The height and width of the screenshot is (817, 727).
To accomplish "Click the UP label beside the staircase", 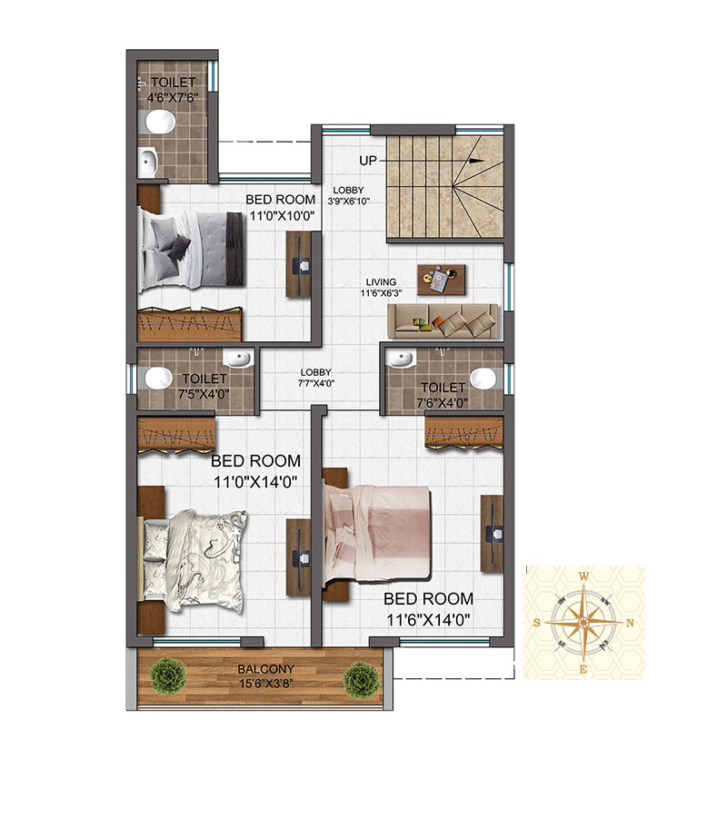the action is [368, 161].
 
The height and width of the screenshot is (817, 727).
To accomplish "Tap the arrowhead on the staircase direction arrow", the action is [476, 161].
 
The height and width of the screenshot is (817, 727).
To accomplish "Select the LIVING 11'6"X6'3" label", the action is [381, 288].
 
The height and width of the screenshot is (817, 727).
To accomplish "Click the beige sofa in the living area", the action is [443, 322].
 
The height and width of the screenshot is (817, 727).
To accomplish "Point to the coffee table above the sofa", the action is [442, 280].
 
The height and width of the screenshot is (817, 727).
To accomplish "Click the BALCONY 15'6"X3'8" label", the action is [266, 675].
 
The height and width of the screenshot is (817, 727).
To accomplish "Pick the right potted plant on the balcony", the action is [362, 679].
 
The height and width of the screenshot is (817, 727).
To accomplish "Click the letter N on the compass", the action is [630, 623].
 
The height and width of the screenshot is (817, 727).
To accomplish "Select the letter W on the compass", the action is [584, 576].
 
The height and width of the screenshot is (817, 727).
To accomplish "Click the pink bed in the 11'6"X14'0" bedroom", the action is [377, 534].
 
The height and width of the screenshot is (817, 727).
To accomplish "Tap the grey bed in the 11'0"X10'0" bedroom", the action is [191, 250].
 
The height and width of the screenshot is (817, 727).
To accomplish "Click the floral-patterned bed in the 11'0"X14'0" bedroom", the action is [194, 561].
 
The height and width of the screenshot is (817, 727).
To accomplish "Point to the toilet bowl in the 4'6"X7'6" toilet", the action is [160, 122].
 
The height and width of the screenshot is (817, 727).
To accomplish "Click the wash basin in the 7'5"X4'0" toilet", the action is [237, 358].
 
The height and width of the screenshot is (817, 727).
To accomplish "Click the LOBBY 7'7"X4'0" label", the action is [316, 378].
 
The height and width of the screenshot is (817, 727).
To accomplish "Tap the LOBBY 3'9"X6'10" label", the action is [348, 195].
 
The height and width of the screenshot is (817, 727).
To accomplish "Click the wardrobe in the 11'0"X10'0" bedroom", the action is [190, 325].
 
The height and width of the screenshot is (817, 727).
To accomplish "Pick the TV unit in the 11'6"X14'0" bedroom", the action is [492, 534].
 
